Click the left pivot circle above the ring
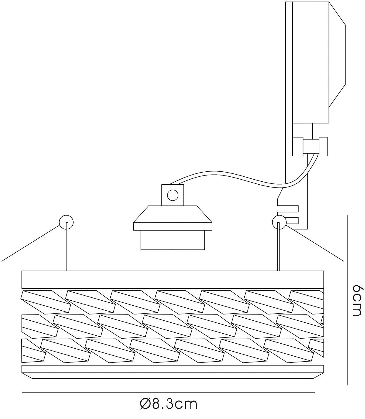click(66, 222)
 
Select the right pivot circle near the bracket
click(279, 222)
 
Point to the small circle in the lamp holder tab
click(172, 195)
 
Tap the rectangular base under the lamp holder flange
click(172, 240)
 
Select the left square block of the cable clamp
click(298, 147)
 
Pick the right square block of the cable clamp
click(323, 147)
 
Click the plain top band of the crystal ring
click(172, 280)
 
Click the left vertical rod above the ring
click(67, 246)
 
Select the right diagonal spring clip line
click(315, 243)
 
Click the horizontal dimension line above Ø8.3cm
click(168, 392)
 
